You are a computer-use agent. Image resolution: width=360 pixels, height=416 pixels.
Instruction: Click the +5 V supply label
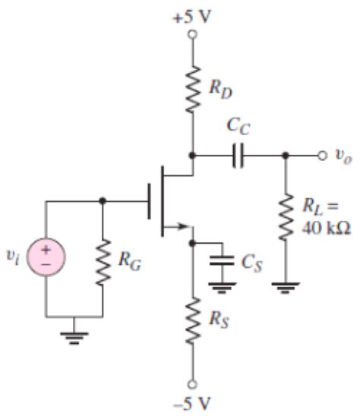coord(191,16)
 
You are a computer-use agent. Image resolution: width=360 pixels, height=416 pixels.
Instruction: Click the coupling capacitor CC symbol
coord(239,156)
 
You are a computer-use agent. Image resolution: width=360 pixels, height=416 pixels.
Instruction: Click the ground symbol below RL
coord(285,286)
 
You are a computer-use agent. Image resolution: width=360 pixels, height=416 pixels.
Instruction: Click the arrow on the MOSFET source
coord(179,225)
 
